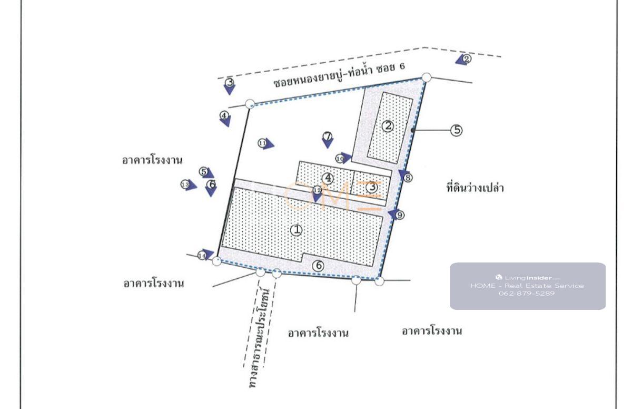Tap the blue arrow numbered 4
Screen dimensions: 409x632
[225, 120]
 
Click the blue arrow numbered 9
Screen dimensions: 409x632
[393, 213]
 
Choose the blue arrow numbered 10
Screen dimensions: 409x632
[344, 157]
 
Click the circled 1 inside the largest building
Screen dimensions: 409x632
[297, 230]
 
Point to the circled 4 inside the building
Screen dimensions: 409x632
[329, 178]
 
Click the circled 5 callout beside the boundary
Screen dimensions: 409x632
[456, 130]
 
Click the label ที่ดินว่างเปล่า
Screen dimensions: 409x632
[472, 188]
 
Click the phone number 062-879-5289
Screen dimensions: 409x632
[527, 294]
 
